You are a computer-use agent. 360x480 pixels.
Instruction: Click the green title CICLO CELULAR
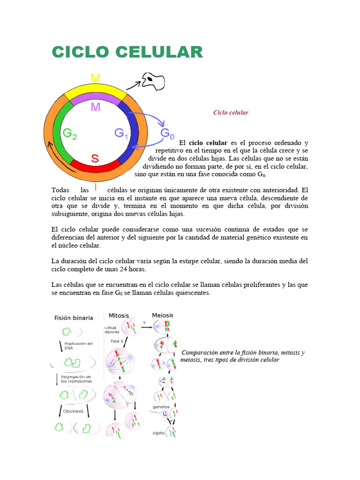tap(127, 52)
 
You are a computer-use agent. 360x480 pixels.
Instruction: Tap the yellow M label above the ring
tap(95, 78)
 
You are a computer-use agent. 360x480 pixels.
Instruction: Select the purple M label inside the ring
tap(95, 107)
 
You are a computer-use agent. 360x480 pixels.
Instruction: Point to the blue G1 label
tap(121, 134)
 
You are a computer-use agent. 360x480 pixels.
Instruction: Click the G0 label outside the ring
tap(167, 134)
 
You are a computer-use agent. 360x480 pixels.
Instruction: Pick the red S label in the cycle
tap(95, 158)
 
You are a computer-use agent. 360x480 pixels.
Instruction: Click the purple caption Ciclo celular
tap(231, 112)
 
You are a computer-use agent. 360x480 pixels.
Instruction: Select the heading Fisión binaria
tap(74, 318)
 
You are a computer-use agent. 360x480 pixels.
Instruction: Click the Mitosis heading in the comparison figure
tap(119, 315)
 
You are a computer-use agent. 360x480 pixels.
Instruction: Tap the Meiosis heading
tap(162, 315)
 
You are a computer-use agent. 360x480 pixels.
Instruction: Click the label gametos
tap(161, 406)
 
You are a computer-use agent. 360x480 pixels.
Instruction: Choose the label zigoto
tap(158, 433)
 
